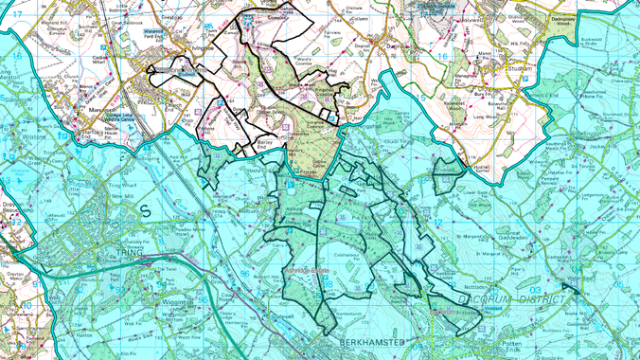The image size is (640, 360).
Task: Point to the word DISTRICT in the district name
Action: click(543, 299)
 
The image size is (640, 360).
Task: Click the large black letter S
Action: click(146, 211)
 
